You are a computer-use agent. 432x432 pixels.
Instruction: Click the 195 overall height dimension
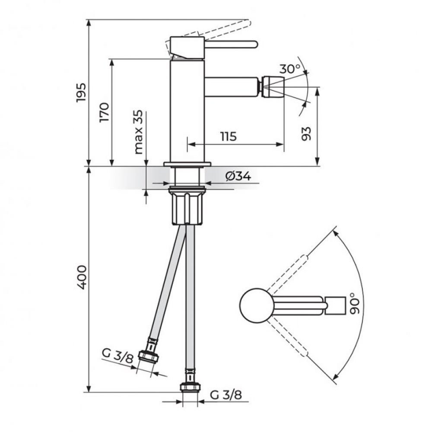[82, 92]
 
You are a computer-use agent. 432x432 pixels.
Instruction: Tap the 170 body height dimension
[105, 112]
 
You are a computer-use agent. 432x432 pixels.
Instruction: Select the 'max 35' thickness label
[139, 132]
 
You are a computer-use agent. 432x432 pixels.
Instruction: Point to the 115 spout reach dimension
[229, 137]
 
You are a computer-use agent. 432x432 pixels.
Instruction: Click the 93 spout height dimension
[306, 133]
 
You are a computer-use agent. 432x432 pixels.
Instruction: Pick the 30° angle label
[289, 68]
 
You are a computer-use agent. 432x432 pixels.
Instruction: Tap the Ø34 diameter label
[238, 176]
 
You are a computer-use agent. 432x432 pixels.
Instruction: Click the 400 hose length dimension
[82, 277]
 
